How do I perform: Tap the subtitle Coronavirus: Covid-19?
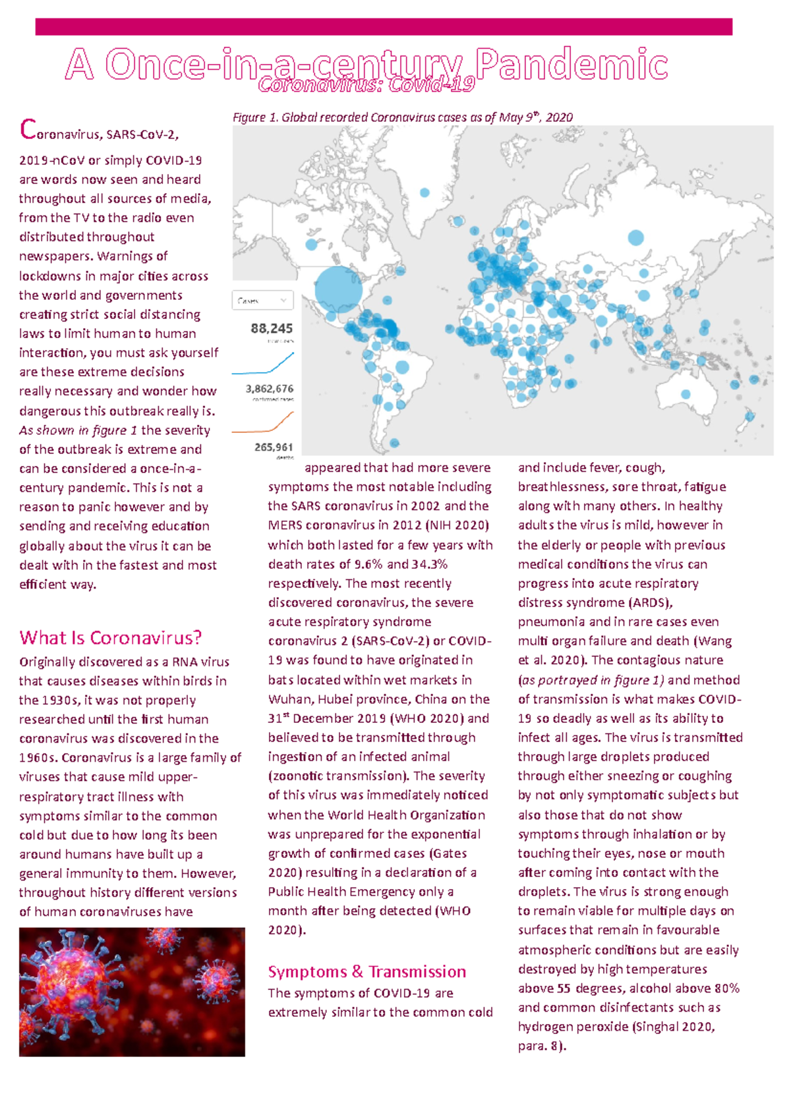click(x=366, y=84)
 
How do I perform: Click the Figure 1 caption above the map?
click(x=402, y=117)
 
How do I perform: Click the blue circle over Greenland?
click(x=425, y=192)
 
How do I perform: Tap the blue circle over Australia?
click(x=686, y=394)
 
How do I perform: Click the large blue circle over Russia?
click(x=635, y=238)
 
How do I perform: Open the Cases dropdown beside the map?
click(x=262, y=301)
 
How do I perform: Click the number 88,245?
click(x=272, y=328)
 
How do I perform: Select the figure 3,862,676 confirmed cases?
click(x=270, y=389)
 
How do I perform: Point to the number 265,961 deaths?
click(x=274, y=447)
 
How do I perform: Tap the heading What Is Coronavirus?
click(x=110, y=637)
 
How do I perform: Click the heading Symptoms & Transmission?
click(x=366, y=971)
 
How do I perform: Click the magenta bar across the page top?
click(x=384, y=27)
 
